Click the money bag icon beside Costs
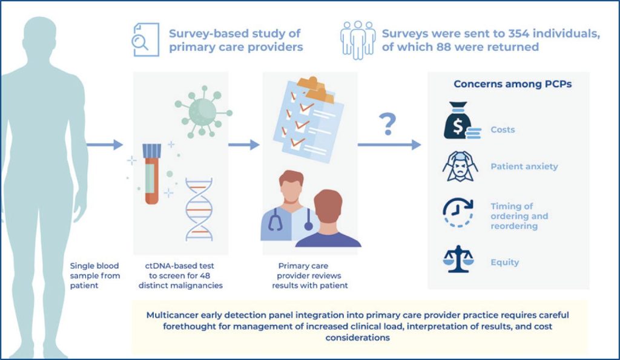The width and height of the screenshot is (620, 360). coord(460,126)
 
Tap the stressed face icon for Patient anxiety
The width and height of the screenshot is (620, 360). coord(460,166)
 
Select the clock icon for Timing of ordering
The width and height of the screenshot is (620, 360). coord(459,212)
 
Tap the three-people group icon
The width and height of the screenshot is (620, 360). coord(357,40)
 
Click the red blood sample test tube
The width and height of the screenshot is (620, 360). coord(151,173)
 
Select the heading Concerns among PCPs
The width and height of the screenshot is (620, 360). coord(512,84)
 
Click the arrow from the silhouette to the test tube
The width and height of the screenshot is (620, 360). coord(105,145)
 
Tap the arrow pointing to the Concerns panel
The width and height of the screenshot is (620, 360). coord(389,145)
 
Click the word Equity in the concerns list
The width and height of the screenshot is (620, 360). coord(504,263)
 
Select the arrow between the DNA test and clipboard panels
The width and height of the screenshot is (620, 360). coord(243,145)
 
